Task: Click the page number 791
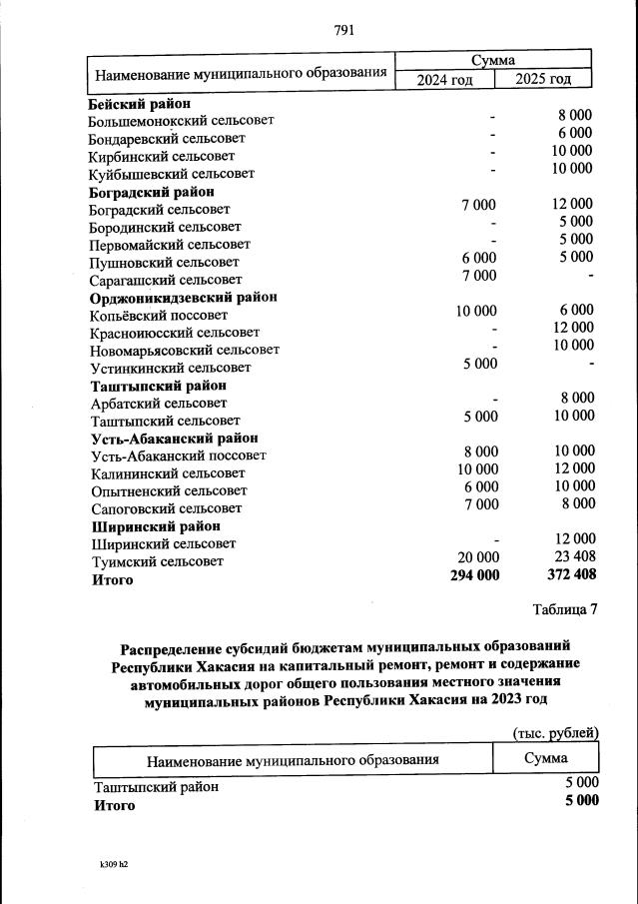coord(344,29)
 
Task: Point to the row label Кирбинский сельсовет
coord(162,156)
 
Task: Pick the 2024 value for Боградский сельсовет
coord(477,205)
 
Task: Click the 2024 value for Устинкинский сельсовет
coord(479,364)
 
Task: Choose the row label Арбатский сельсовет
coord(158,403)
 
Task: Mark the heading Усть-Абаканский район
coord(174,439)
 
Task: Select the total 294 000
coord(473,575)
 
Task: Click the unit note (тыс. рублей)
coord(555,732)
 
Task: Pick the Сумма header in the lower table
coord(545,759)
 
